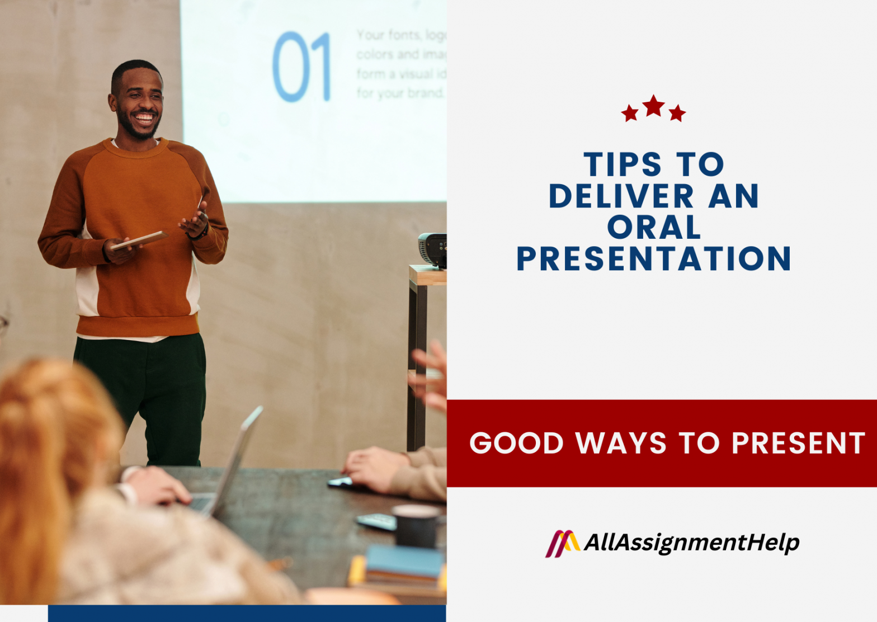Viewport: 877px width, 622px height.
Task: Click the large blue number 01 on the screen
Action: pos(301,67)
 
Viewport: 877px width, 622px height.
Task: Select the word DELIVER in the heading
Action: pos(621,196)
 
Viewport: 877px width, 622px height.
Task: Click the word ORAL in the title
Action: pos(654,228)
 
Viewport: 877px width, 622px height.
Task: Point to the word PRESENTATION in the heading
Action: pos(653,259)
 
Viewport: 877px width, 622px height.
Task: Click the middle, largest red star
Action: pos(653,106)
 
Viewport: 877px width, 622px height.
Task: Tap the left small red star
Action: pos(630,114)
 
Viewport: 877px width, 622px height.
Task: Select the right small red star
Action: pos(677,114)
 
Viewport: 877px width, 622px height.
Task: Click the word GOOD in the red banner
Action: pos(516,444)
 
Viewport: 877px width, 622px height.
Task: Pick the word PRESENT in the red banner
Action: pos(798,444)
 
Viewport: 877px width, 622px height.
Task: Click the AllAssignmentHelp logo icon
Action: pos(562,543)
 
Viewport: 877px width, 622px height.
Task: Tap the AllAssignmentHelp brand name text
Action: pos(691,543)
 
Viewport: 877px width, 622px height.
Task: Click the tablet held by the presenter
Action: pos(139,239)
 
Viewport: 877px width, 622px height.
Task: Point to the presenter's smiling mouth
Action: pos(144,118)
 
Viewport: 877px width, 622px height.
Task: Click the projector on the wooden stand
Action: pos(433,249)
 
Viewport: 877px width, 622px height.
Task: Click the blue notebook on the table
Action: pos(404,562)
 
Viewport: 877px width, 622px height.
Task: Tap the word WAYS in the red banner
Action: pos(621,444)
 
